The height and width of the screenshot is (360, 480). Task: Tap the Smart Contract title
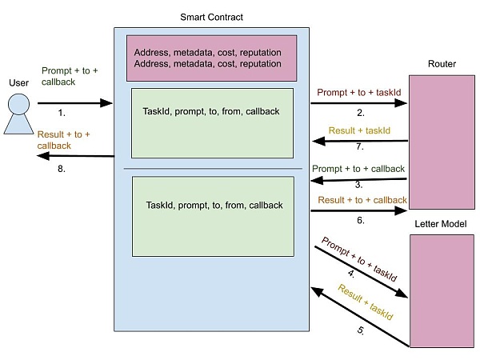coord(211,17)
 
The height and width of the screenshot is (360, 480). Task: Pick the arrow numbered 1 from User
coord(74,102)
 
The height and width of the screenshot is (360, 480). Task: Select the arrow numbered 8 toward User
coord(74,156)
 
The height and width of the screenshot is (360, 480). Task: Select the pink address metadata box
coord(211,58)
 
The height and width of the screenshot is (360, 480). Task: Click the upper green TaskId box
coord(211,122)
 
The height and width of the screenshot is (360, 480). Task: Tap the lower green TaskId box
coord(211,211)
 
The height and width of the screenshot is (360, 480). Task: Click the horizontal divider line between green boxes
coord(211,169)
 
